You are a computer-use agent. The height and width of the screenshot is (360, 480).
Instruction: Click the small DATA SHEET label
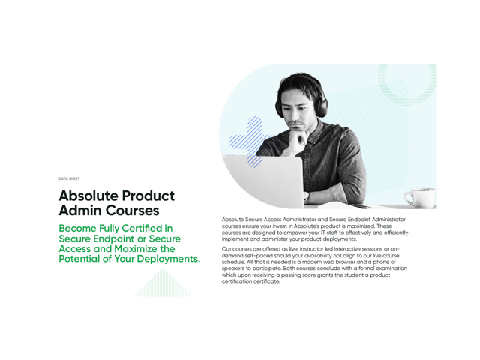(x=69, y=178)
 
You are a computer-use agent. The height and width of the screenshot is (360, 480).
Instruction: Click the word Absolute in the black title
(x=88, y=196)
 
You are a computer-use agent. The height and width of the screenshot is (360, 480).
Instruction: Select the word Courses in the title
(x=133, y=211)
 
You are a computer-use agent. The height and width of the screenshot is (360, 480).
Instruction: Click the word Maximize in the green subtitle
(x=136, y=248)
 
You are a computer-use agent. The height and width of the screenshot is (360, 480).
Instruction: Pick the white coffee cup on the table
(x=420, y=198)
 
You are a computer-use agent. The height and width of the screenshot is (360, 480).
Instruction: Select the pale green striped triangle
(x=162, y=283)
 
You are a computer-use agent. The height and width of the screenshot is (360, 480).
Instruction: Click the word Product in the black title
(x=148, y=196)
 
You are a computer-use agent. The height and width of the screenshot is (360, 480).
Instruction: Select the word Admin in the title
(x=81, y=211)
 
